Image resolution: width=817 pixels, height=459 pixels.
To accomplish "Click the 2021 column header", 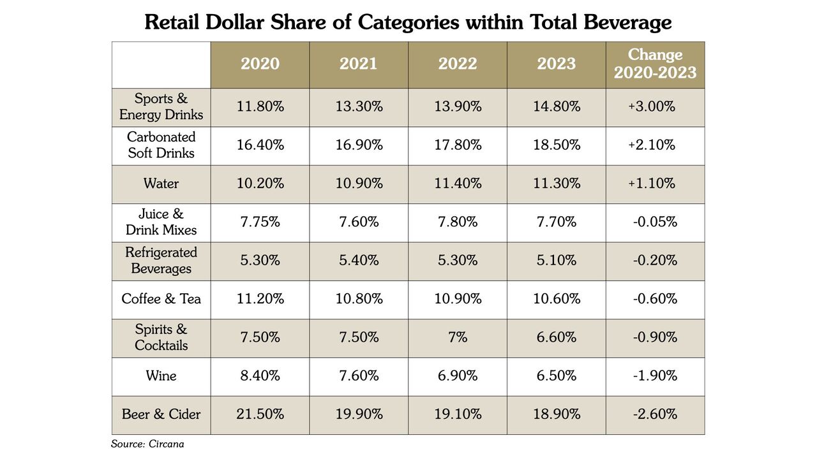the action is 359,64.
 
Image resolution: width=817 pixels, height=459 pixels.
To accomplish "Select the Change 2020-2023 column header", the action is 655,64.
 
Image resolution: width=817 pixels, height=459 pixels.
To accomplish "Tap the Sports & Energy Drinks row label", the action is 161,106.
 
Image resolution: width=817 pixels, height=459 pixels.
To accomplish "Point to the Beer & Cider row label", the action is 161,414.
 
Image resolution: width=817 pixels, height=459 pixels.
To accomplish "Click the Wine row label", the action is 161,375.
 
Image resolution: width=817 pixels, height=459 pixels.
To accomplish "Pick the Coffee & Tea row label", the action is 161,299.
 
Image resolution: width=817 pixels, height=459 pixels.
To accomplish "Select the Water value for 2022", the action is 458,183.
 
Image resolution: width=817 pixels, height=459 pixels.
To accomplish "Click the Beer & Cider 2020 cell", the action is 260,414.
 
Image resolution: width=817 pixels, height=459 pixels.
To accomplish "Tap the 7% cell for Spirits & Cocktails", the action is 458,337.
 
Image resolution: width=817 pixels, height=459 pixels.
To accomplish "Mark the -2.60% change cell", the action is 655,414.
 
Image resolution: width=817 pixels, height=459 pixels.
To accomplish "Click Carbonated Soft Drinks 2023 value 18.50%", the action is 556,145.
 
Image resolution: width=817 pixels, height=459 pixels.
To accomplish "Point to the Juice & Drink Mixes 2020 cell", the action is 260,222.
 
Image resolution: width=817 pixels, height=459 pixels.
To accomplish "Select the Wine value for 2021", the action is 359,375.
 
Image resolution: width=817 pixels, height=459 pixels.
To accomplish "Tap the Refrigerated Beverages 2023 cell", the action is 556,261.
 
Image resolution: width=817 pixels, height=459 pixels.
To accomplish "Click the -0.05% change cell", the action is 655,222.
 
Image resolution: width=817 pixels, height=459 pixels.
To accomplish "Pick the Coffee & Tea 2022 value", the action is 458,299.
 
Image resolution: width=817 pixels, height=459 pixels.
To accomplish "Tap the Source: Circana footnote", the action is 147,444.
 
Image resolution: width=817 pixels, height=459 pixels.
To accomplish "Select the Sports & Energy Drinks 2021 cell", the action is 359,106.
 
